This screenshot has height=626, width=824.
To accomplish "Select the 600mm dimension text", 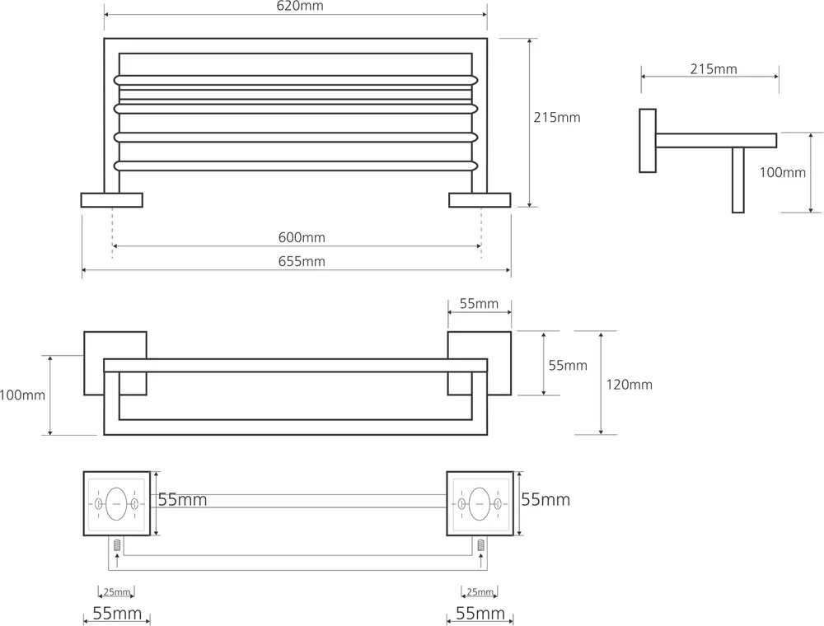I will coord(302,238).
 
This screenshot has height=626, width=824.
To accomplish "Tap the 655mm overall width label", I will coord(302,262).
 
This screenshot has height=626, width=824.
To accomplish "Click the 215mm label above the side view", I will coord(714,69).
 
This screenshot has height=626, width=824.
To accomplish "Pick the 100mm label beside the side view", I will coord(782,172).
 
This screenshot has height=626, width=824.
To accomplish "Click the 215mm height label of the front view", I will coord(558,118).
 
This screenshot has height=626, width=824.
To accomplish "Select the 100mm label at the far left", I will coord(22,395).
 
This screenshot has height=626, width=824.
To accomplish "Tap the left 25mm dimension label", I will coord(116,592).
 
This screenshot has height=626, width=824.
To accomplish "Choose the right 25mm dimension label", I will coord(480,592).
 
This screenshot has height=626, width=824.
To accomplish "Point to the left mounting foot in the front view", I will coord(111,199).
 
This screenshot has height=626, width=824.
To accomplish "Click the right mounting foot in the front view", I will coord(480,199).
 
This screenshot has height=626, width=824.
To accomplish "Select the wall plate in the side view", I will coord(648,140).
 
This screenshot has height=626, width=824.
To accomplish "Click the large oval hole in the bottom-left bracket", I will coord(116,502).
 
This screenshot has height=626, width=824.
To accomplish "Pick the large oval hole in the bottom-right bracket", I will coord(480,502).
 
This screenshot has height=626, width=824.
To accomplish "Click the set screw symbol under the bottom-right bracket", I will coord(480,544).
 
